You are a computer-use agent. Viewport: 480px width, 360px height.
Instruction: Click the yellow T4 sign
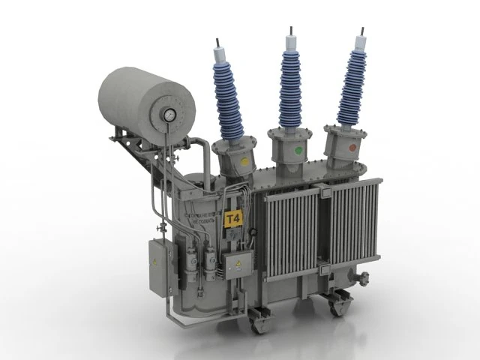[x=234, y=219]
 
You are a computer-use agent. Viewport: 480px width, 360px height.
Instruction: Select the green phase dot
[x=298, y=151]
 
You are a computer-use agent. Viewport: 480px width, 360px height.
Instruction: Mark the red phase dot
[x=353, y=147]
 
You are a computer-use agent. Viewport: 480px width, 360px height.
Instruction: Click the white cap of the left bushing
[x=223, y=56]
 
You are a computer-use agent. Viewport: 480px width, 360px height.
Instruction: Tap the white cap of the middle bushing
[x=289, y=46]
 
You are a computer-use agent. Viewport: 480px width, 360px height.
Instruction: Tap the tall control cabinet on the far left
[x=158, y=263]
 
